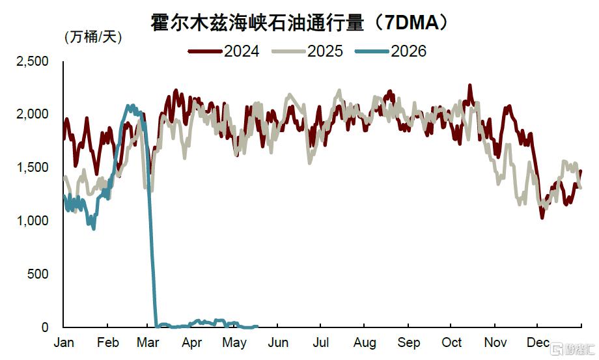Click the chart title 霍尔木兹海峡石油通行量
click(257, 23)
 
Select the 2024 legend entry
click(224, 51)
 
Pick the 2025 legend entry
click(307, 51)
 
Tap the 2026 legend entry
click(391, 51)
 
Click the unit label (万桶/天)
click(93, 37)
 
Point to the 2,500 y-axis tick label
click(32, 61)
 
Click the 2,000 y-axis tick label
click(32, 114)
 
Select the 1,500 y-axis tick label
click(32, 167)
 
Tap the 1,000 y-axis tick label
click(32, 221)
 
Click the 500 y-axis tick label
click(38, 273)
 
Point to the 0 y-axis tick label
click(45, 327)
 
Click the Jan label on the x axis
click(64, 342)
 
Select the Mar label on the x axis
click(148, 342)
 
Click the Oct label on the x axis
click(452, 342)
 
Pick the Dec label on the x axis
click(538, 342)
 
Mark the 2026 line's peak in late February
click(132, 105)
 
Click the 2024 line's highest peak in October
click(470, 85)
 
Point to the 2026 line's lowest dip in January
click(94, 228)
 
